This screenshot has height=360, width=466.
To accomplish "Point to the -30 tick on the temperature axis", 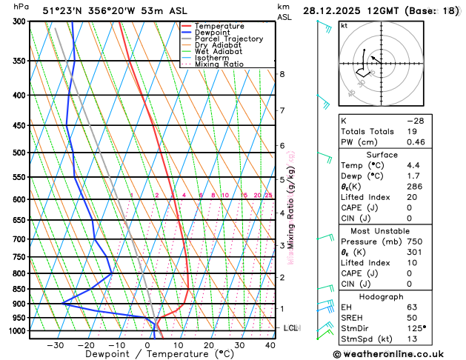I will click(55, 344).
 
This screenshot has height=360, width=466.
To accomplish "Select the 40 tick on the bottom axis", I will click(270, 344).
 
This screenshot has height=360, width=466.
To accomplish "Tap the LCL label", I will click(291, 327).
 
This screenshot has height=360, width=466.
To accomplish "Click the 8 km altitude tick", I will click(282, 74).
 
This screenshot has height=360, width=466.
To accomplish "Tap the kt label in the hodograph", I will click(344, 25).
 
